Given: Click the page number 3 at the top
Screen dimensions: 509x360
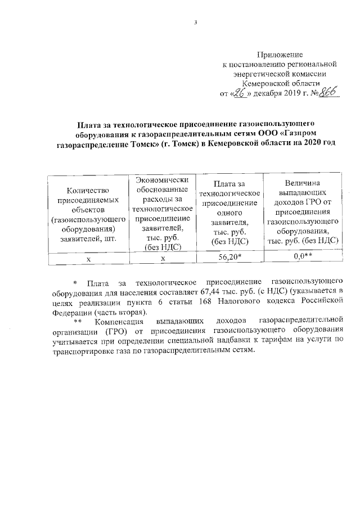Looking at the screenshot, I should point(196,23).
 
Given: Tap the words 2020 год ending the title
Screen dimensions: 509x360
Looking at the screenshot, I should point(316,144).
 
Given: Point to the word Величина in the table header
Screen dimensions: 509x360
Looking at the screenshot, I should point(303,183).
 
